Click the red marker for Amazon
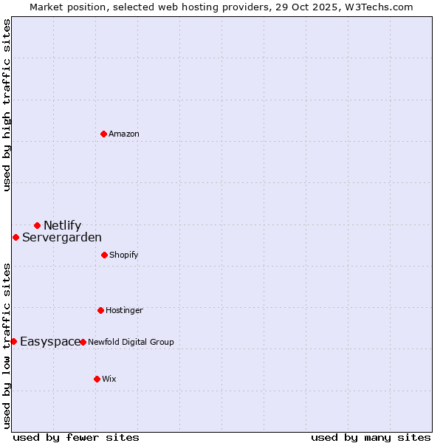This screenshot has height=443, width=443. point(103,134)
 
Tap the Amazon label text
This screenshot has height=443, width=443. point(124,134)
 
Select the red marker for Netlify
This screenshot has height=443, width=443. point(37,225)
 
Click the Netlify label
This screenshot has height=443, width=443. point(62,225)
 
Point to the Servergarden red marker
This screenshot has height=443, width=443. point(16,237)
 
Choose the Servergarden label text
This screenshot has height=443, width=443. point(62,237)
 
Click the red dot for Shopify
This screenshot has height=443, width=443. point(104,255)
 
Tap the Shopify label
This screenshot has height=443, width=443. point(124,255)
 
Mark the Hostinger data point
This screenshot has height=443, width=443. point(100,310)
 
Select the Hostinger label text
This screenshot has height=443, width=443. point(124,310)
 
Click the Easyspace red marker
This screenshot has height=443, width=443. point(13,341)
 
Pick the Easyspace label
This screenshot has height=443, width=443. point(50,341)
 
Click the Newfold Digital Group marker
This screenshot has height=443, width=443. point(83,342)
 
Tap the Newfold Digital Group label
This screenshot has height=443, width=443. point(131,342)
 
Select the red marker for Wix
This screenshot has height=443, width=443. point(97,379)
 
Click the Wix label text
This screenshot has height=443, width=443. point(109,379)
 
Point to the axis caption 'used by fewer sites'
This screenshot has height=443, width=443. point(76,437)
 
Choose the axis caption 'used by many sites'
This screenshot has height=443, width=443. point(371,437)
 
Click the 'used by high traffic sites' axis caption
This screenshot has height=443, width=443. point(7,105)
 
